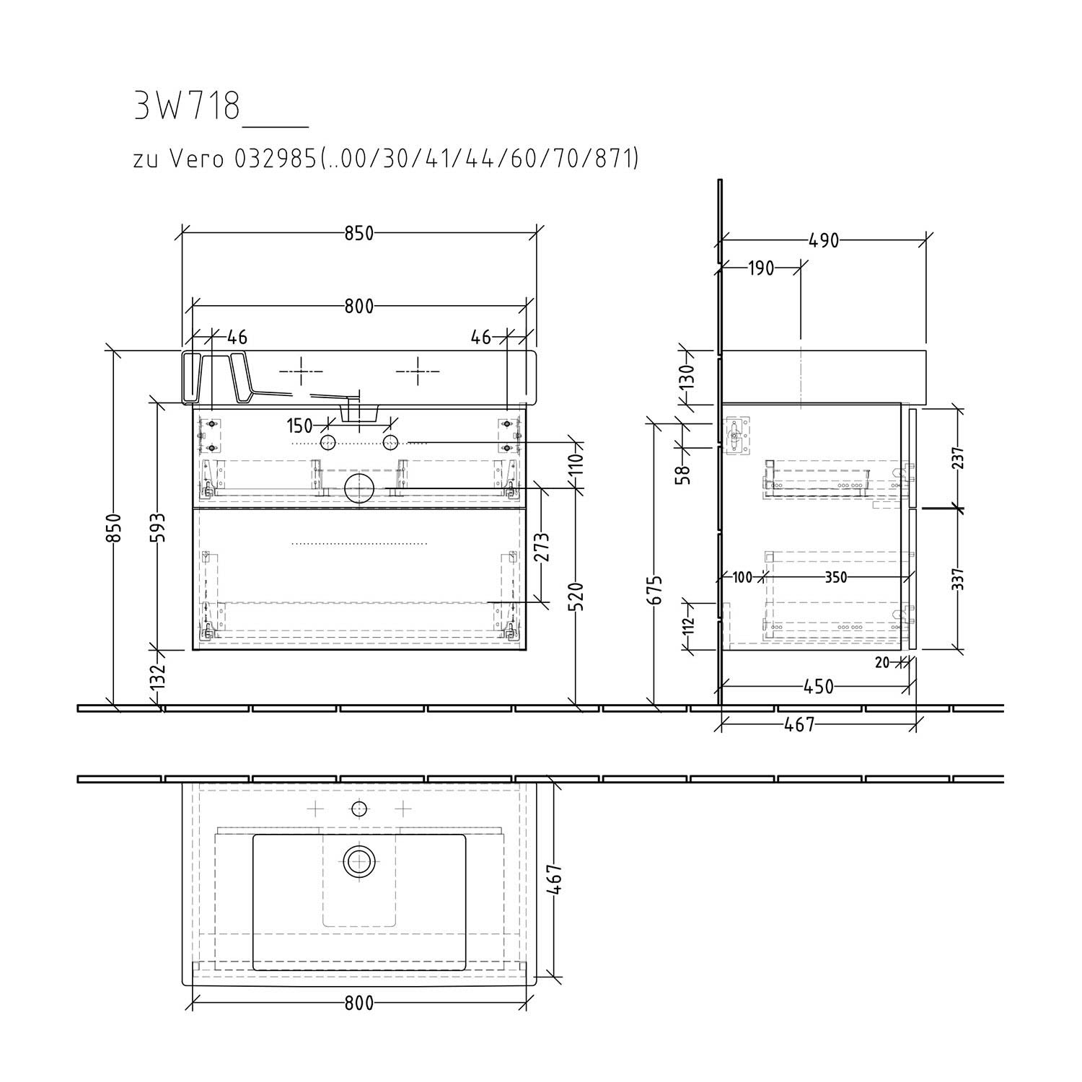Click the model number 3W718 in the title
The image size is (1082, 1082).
[187, 107]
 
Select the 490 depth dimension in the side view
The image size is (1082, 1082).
[824, 239]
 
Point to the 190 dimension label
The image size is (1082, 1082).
[760, 269]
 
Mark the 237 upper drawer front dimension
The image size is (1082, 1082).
[958, 457]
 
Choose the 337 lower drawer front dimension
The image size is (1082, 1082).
[958, 578]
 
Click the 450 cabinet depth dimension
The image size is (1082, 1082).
[818, 687]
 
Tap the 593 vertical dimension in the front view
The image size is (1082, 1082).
[159, 529]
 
